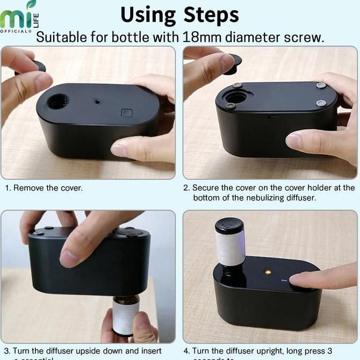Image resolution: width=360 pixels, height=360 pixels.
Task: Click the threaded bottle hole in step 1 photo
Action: tap(57, 102)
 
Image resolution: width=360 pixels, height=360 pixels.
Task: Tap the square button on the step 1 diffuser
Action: tap(127, 113)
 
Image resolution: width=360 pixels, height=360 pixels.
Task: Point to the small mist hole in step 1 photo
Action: tap(97, 101)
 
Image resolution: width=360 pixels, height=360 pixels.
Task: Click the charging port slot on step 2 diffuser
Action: tap(273, 117)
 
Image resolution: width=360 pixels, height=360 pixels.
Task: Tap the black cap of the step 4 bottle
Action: tap(229, 226)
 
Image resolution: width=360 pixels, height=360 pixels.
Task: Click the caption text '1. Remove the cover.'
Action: tap(44, 188)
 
